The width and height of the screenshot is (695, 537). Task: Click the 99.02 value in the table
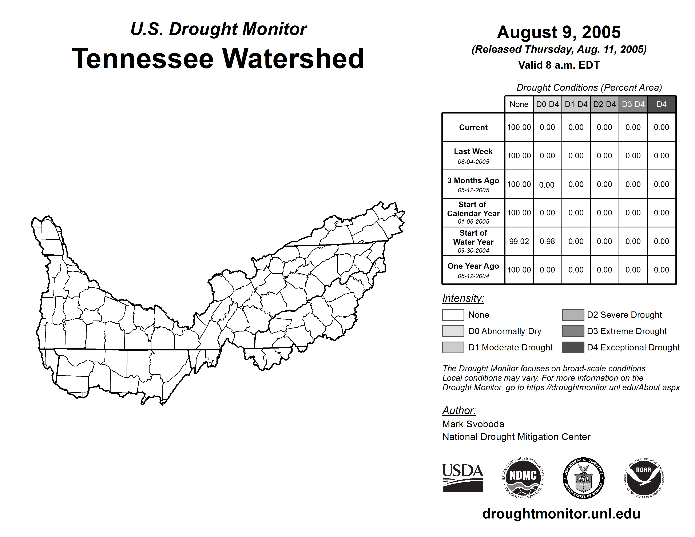(x=519, y=242)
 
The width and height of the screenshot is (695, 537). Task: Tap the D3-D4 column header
(x=633, y=104)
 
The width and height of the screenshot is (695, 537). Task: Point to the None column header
(x=519, y=104)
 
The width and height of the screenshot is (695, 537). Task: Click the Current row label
(x=473, y=128)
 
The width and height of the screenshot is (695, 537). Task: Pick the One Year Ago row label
(x=473, y=266)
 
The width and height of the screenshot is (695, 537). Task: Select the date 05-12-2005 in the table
(x=473, y=190)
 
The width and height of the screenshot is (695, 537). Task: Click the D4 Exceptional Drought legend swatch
(x=573, y=347)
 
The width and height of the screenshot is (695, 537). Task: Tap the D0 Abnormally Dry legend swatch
(x=453, y=331)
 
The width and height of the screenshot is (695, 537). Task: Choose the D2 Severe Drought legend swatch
(x=573, y=315)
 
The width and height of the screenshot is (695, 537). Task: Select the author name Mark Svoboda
(x=473, y=424)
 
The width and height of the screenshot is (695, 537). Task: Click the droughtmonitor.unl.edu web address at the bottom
(x=561, y=514)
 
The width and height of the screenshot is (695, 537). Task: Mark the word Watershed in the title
(x=293, y=59)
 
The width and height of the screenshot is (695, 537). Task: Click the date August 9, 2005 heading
(x=559, y=32)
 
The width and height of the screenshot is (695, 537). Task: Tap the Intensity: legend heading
(x=463, y=298)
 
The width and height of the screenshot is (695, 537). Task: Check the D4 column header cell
(x=661, y=104)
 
